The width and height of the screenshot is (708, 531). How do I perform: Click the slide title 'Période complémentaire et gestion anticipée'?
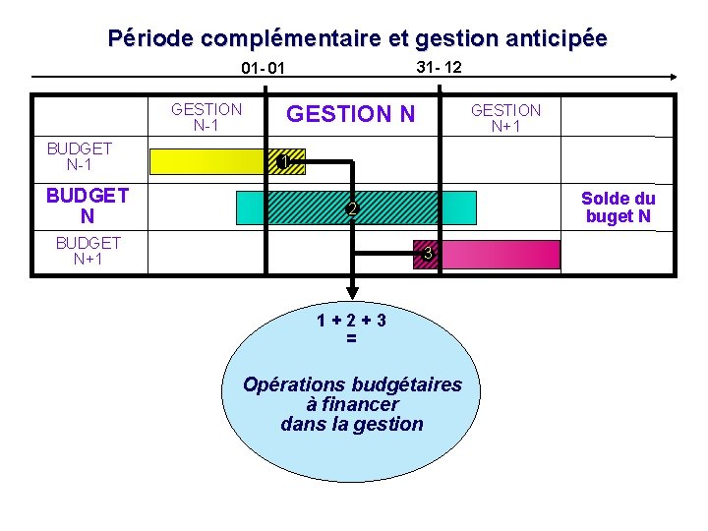(x=357, y=38)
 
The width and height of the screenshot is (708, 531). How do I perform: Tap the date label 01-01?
(x=263, y=69)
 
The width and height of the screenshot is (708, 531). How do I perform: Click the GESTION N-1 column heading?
(x=206, y=117)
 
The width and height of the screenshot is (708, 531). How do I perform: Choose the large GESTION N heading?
(x=350, y=115)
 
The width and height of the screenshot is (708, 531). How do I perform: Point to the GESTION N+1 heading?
(x=505, y=118)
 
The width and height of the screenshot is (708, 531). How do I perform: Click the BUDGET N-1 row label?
(x=80, y=156)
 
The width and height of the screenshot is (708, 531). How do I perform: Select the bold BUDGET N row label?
(x=87, y=205)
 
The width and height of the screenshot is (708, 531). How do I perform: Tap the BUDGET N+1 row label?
(x=88, y=251)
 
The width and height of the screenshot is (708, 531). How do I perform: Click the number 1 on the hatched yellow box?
(x=282, y=162)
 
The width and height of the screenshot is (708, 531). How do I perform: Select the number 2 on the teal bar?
(x=352, y=209)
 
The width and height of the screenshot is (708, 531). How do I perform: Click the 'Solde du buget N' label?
(x=618, y=207)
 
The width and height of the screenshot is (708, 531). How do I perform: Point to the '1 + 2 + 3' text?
(x=351, y=320)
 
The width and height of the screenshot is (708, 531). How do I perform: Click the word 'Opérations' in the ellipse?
(x=291, y=384)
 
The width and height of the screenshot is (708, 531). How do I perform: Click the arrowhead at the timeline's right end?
(x=672, y=76)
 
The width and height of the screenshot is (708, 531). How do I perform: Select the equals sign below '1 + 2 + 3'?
(x=351, y=339)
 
